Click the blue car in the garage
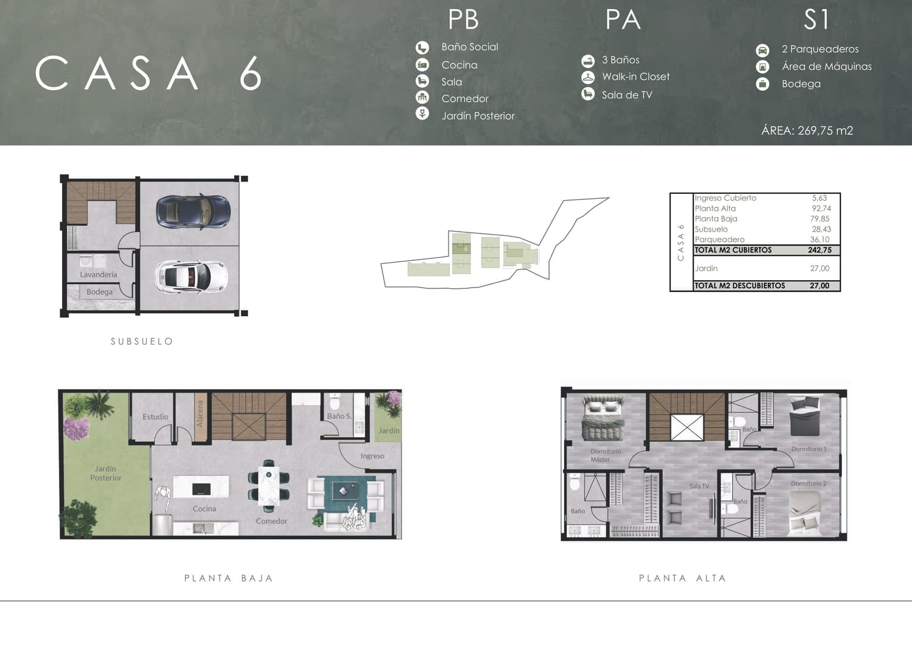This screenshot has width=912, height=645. tap(193, 212)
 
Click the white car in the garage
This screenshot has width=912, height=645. tap(191, 277)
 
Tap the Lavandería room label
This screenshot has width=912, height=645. tap(98, 274)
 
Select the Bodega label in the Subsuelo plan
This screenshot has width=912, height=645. tap(99, 292)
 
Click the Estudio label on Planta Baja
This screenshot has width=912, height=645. tap(155, 417)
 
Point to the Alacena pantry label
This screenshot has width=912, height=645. tap(200, 414)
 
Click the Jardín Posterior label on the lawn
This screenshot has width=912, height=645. tap(106, 473)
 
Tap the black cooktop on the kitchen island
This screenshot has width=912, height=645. tap(201, 489)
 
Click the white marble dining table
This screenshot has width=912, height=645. tap(269, 486)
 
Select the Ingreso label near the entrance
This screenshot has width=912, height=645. tap(372, 456)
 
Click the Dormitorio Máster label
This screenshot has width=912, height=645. tap(606, 455)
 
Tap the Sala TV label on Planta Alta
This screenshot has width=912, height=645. tap(699, 486)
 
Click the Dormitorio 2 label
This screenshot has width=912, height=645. tap(809, 484)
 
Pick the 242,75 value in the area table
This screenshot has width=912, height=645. tap(820, 250)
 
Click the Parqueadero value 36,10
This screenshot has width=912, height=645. tap(820, 240)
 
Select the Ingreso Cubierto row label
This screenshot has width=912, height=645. tap(725, 198)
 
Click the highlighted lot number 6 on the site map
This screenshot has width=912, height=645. tap(466, 249)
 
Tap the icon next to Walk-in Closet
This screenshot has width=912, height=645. tap(587, 77)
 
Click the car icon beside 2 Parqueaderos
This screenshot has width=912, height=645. tap(762, 50)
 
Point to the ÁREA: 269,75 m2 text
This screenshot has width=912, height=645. tap(807, 131)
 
